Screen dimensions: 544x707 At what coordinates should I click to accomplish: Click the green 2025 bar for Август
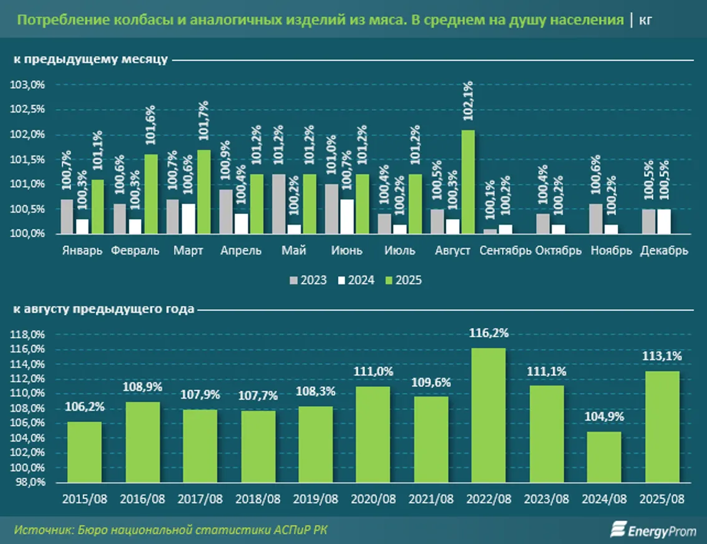467,182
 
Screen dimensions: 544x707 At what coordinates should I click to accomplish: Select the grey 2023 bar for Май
278,204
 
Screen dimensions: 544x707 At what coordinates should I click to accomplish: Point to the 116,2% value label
489,333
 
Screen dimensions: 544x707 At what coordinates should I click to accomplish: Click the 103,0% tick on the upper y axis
30,85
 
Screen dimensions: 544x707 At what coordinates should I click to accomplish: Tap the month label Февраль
134,251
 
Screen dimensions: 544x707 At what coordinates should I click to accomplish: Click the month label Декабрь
664,251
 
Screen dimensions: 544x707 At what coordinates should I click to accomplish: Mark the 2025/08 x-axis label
661,500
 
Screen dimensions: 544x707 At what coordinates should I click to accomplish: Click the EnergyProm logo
655,531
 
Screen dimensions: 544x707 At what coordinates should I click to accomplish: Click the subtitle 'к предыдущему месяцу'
90,60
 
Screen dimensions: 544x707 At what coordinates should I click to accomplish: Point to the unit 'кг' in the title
645,19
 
